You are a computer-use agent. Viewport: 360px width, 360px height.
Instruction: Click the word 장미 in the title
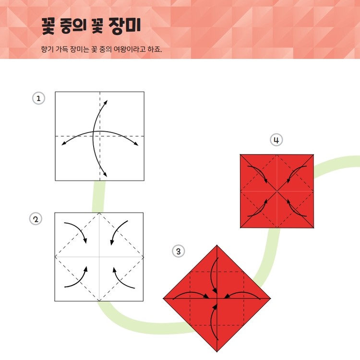tap(124, 26)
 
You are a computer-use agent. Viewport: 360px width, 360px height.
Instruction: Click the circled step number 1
tap(38, 98)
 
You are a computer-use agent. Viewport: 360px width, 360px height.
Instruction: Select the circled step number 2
tap(36, 219)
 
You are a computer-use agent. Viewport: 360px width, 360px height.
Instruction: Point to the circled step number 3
tap(179, 251)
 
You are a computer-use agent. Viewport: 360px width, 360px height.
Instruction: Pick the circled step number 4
tap(276, 140)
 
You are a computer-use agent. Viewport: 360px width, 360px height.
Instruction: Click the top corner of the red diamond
tap(217, 245)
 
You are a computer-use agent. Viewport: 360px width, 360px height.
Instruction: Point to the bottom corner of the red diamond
tap(217, 352)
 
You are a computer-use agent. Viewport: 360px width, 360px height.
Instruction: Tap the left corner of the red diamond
tap(163, 299)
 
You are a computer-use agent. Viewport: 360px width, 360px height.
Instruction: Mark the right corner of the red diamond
tap(271, 299)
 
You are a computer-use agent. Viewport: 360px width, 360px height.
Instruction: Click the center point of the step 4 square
tap(277, 191)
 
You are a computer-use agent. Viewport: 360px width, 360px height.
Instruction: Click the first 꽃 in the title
tap(48, 26)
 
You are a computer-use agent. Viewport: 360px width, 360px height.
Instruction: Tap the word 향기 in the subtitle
tap(47, 49)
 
